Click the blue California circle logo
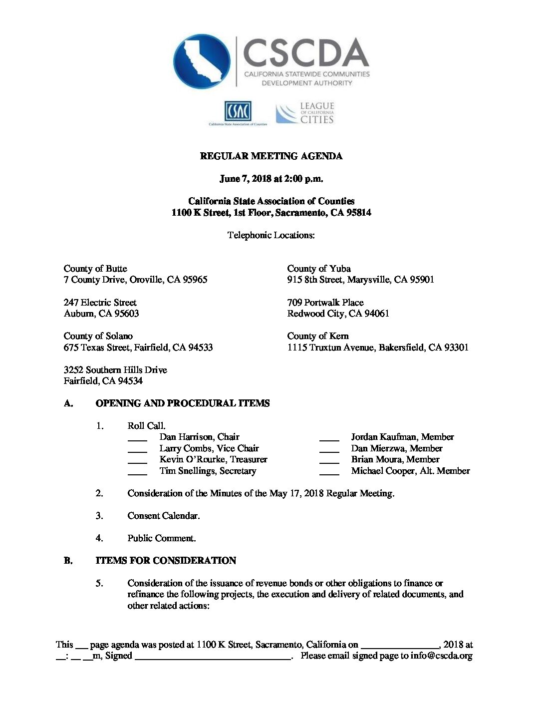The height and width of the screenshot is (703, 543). tap(202, 61)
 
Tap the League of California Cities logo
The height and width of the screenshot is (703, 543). tap(305, 113)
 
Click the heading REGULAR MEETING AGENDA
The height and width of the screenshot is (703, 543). tap(271, 156)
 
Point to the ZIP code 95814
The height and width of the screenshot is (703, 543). tap(358, 213)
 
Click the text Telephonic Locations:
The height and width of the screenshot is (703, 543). tap(271, 235)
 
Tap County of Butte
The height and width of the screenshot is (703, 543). tap(95, 269)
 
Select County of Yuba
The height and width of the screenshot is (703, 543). tap(319, 269)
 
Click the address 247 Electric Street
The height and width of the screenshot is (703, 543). tap(100, 303)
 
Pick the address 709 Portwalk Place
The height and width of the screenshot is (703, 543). tap(325, 303)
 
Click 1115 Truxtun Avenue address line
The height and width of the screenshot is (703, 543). tap(378, 348)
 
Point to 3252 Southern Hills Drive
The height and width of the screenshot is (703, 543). tap(115, 370)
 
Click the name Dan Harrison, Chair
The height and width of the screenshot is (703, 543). tap(199, 437)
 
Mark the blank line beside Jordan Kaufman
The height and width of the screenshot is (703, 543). tap(329, 439)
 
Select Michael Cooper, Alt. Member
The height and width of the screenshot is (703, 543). tap(410, 471)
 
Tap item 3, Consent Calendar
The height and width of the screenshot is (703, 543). tap(163, 516)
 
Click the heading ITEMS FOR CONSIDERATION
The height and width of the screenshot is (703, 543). tap(166, 561)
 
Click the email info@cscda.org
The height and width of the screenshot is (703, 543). tap(441, 656)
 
